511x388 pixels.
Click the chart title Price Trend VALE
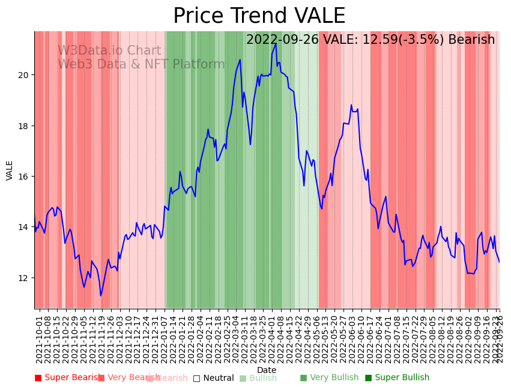259,16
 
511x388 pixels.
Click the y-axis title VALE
10,170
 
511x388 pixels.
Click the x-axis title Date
267,371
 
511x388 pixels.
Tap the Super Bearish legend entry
68,378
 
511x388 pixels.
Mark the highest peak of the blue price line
276,44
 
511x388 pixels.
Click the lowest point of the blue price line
101,296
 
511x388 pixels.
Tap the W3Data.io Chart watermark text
109,51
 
